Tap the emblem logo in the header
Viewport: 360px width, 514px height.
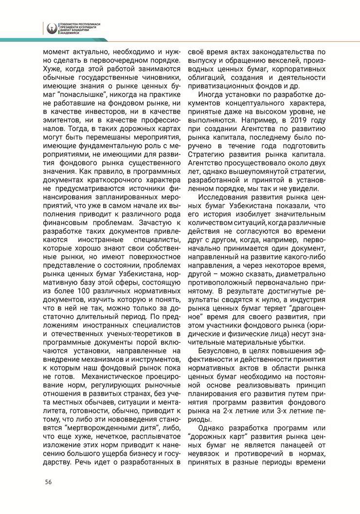(51, 29)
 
